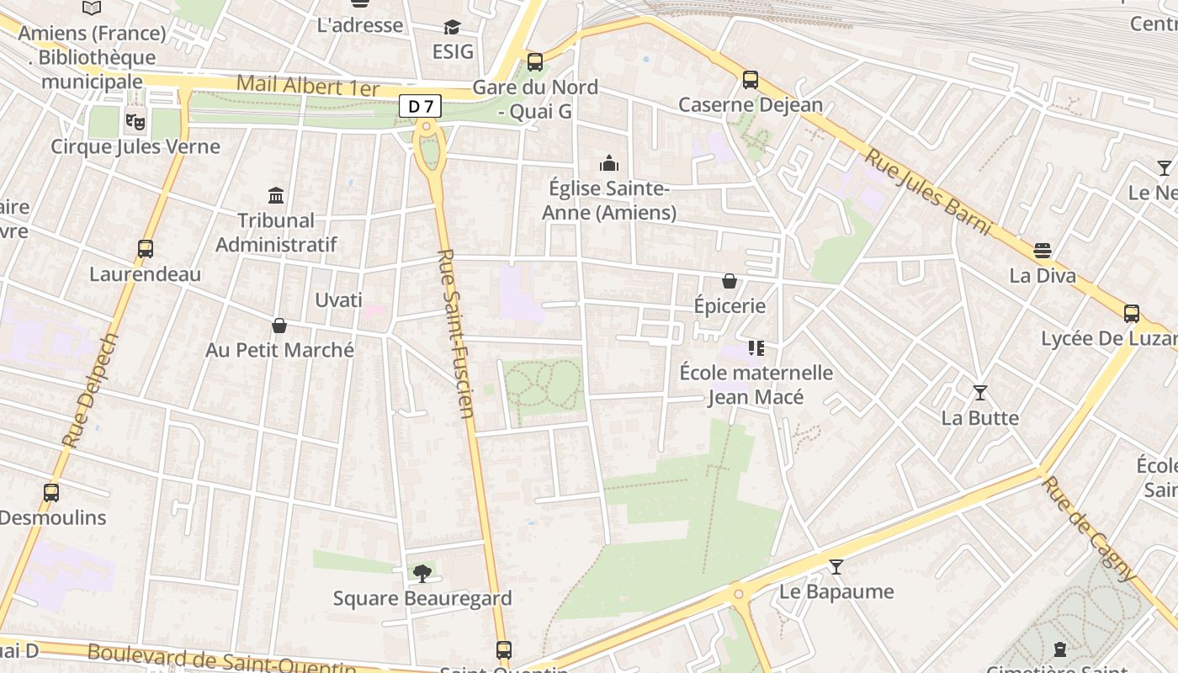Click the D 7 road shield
click(420, 106)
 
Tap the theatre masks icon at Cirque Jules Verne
click(135, 120)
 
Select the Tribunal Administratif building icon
click(276, 195)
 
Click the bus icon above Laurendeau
click(146, 249)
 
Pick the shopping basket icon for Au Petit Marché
click(279, 326)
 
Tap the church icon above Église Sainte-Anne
click(608, 163)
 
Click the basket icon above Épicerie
click(730, 281)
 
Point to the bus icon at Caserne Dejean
click(751, 80)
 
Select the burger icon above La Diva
click(1043, 250)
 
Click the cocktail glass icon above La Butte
click(980, 393)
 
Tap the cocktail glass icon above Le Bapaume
click(836, 567)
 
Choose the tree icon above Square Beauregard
click(422, 574)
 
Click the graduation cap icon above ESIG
click(453, 27)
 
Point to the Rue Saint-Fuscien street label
click(457, 332)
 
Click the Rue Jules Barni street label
click(929, 193)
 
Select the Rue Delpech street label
click(91, 389)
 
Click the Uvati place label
click(338, 300)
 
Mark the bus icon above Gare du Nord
click(535, 61)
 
